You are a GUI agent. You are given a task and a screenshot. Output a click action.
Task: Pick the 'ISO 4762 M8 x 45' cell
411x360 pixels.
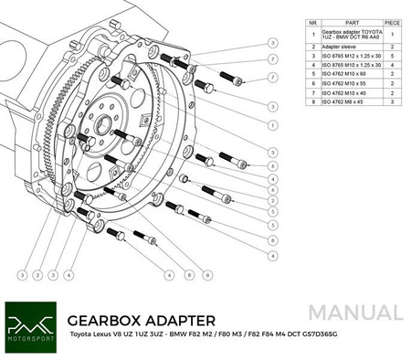[x=352, y=102]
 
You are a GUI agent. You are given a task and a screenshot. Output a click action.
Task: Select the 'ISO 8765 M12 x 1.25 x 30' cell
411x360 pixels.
[x=352, y=54]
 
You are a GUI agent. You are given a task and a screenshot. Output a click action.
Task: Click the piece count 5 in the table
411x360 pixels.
[x=392, y=54]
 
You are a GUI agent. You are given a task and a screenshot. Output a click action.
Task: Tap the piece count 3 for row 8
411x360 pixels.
[x=392, y=102]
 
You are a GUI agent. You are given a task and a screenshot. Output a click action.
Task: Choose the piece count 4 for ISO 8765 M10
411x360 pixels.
[x=392, y=64]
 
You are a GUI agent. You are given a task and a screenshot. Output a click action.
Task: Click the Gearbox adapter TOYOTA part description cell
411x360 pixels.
[x=352, y=31]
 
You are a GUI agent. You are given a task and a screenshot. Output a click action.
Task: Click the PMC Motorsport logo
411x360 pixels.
[x=29, y=326]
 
